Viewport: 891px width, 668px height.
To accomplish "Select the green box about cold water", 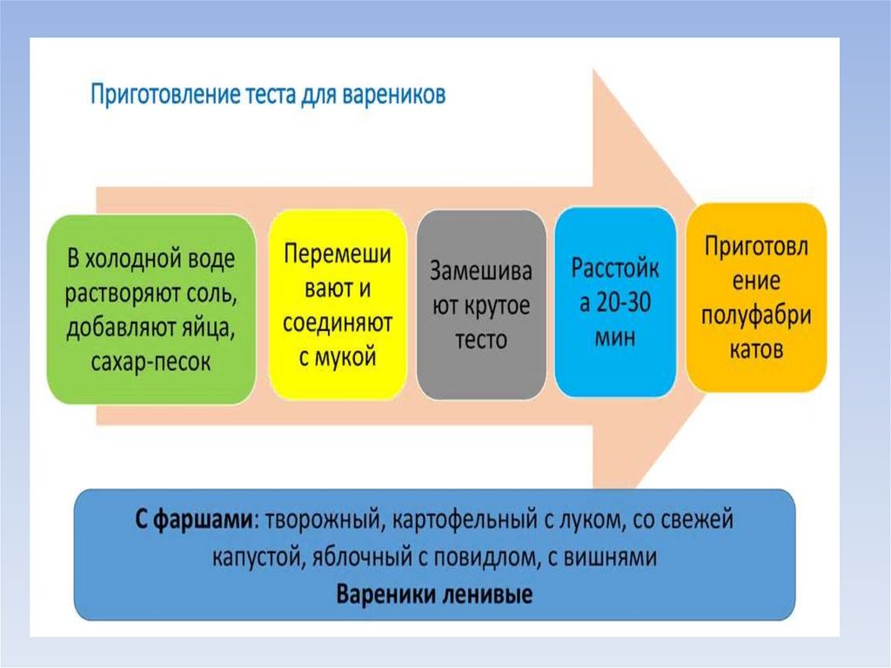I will (151, 309).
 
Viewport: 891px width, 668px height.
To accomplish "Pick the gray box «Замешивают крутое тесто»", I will (481, 305).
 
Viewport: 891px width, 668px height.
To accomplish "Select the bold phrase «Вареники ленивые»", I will (434, 595).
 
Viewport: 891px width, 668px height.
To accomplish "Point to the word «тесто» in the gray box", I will (481, 339).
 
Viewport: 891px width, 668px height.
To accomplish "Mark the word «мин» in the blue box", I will (615, 337).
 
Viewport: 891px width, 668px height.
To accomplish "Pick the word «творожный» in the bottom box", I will (323, 520).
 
